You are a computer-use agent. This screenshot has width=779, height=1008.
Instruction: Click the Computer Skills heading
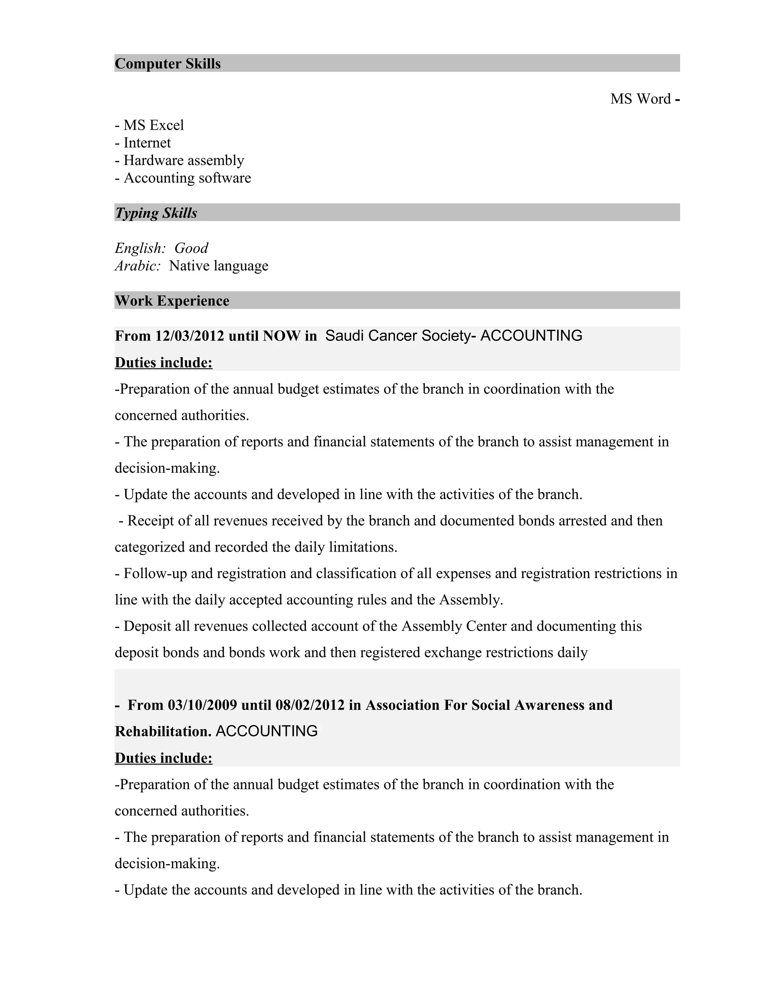[167, 63]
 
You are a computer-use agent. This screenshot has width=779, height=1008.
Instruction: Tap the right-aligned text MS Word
[640, 99]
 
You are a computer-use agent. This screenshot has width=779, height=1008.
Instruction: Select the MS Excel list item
[153, 125]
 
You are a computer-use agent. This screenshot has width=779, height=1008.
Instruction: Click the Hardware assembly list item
[183, 160]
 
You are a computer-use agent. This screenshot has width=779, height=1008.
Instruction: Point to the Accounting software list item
[187, 178]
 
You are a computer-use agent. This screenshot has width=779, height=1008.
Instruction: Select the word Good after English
[191, 248]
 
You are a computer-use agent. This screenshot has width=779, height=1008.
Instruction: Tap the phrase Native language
[218, 266]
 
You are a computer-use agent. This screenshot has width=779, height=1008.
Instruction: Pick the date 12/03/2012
[190, 335]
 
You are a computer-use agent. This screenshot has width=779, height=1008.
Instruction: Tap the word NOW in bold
[281, 335]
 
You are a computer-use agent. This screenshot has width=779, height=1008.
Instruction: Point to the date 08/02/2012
[310, 705]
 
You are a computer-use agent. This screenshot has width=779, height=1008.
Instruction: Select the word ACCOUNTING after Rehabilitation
[266, 731]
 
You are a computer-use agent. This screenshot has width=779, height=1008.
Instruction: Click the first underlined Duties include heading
[163, 362]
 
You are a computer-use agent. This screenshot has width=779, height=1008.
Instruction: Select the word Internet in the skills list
[147, 143]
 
